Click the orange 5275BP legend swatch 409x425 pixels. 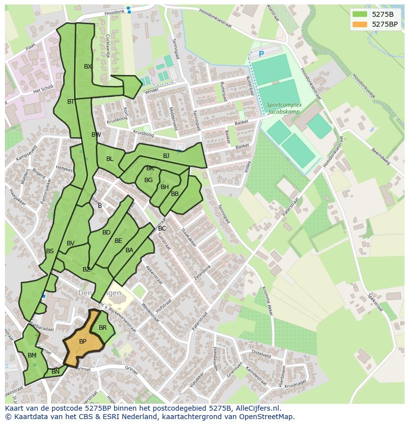[x=361, y=24]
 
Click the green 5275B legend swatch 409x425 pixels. [x=361, y=14]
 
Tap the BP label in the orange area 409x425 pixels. [x=82, y=342]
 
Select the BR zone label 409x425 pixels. [x=103, y=328]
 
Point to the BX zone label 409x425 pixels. [x=88, y=67]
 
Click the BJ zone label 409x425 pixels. [x=166, y=156]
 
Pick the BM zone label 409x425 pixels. [x=32, y=355]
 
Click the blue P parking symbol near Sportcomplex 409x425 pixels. [x=261, y=54]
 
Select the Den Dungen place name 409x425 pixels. [x=99, y=293]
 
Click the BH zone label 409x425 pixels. [x=164, y=187]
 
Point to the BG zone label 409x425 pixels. [x=148, y=180]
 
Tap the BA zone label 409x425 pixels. [x=129, y=250]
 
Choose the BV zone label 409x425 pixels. [x=71, y=243]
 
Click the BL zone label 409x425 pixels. [x=110, y=159]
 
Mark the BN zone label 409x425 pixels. [x=55, y=372]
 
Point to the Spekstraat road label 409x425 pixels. [x=375, y=303]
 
